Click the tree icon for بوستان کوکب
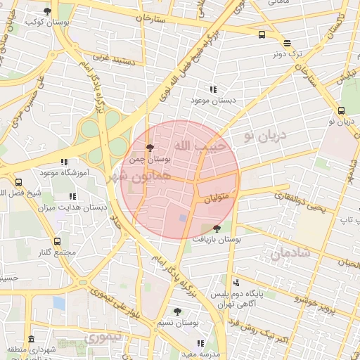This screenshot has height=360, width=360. click(47, 11)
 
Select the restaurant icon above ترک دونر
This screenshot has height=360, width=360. click(286, 42)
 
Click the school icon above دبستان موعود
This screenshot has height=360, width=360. click(212, 89)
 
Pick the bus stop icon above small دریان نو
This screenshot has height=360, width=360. click(341, 110)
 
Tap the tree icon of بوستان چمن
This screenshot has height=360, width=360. click(149, 147)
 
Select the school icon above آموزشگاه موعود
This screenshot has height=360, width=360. click(64, 162)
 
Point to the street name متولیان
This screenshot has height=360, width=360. click(218, 200)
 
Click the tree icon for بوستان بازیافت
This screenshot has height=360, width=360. click(217, 229)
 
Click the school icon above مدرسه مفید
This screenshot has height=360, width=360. click(200, 343)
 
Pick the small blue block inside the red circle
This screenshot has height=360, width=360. click(183, 219)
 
